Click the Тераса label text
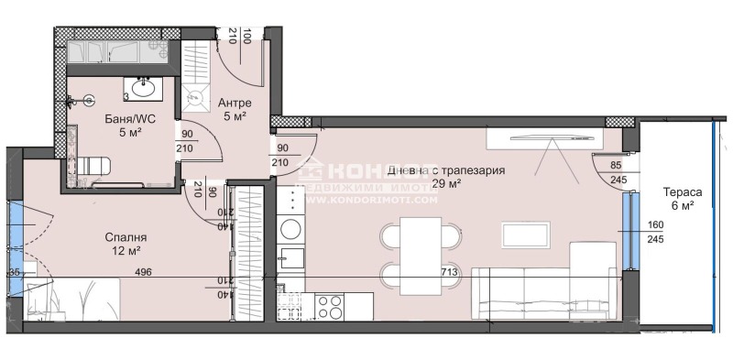point(682,193)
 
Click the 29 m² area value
point(445,183)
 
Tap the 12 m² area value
point(126,250)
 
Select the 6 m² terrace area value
point(682,207)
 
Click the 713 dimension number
point(450,272)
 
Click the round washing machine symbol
point(290,228)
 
